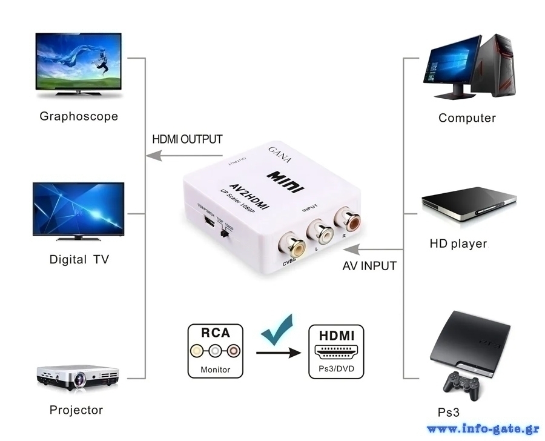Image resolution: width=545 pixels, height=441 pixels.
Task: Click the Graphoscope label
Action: pyautogui.click(x=79, y=116)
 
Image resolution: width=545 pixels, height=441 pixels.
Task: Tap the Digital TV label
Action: pyautogui.click(x=79, y=260)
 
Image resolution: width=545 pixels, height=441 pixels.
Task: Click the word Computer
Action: pyautogui.click(x=467, y=118)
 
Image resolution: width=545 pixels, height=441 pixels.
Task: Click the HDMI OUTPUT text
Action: pyautogui.click(x=187, y=139)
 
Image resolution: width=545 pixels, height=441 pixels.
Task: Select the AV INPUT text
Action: pyautogui.click(x=369, y=266)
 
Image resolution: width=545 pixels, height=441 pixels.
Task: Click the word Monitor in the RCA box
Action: pyautogui.click(x=216, y=370)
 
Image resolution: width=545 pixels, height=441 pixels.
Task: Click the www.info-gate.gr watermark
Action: pyautogui.click(x=483, y=429)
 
